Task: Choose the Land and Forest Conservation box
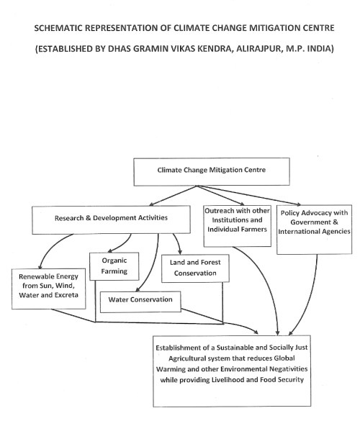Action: point(194,268)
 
